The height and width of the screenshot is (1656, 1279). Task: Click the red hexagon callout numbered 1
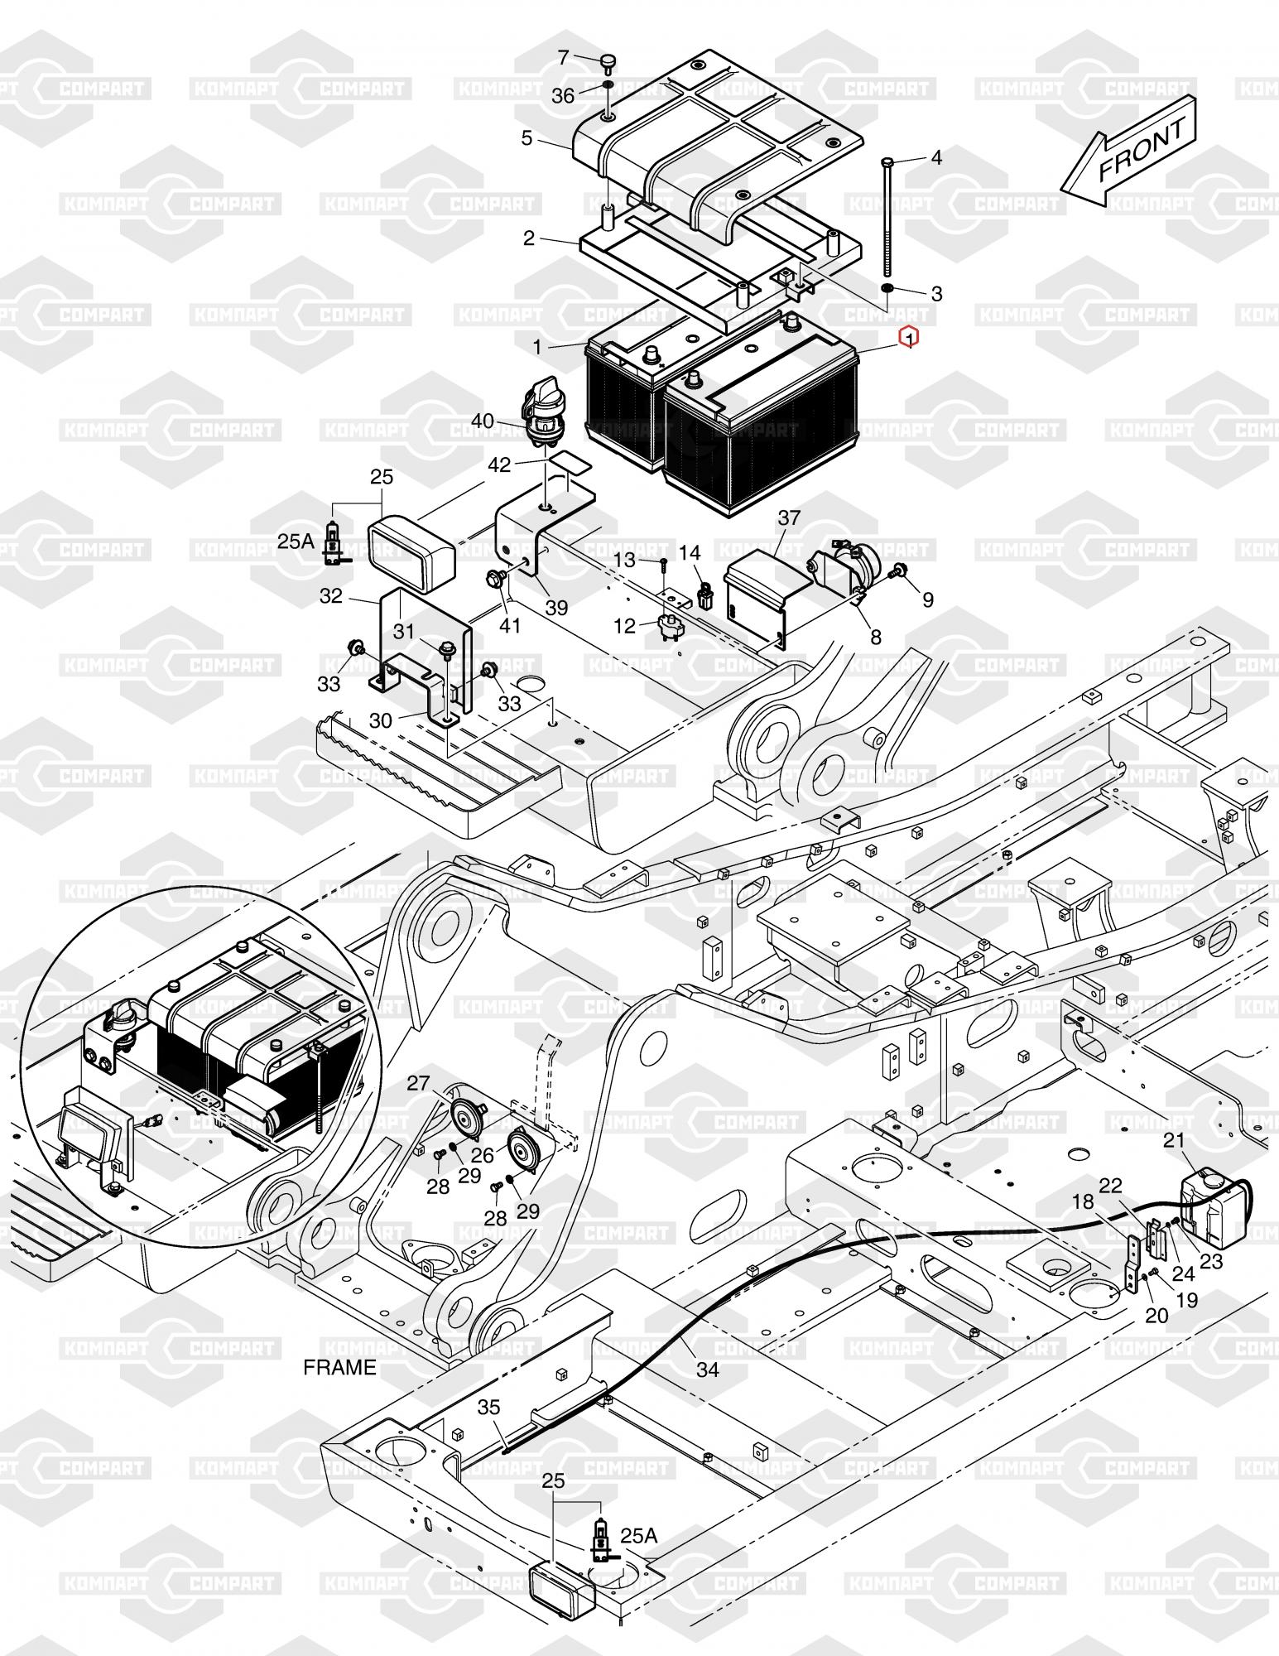point(909,338)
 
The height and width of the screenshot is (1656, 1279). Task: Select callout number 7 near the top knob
point(564,58)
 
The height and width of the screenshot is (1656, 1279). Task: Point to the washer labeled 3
point(886,288)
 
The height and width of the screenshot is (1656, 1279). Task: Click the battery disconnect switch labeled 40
point(537,408)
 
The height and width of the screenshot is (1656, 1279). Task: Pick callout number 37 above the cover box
point(790,517)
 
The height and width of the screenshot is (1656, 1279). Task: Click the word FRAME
point(339,1366)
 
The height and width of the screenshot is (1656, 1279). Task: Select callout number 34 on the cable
point(708,1369)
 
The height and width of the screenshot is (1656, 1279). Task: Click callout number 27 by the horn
point(419,1083)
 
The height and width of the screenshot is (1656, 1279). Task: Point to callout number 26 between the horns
point(483,1154)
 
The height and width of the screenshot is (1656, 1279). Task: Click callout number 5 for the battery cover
point(527,137)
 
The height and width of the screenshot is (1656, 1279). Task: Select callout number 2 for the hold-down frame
point(529,238)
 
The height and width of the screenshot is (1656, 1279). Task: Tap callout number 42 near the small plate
point(499,465)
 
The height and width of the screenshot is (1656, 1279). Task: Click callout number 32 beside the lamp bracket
point(331,596)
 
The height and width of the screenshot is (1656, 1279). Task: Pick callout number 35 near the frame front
point(489,1408)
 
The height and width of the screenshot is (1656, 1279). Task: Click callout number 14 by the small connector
point(690,552)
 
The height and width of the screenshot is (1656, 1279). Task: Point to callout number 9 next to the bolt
point(928,599)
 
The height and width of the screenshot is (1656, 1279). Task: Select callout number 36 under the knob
point(563,96)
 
